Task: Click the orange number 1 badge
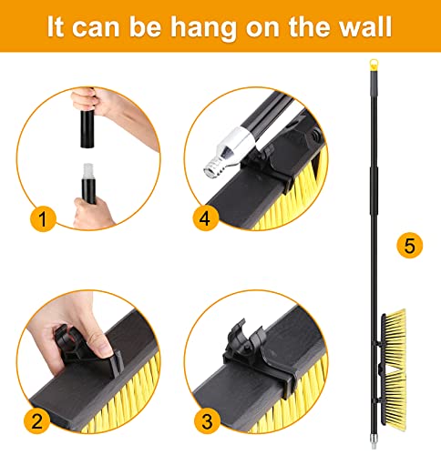pyautogui.click(x=42, y=218)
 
